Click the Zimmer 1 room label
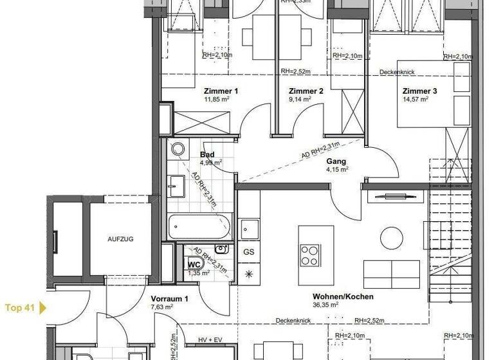[x=221, y=91]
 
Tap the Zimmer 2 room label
[x=306, y=91]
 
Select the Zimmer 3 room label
[x=420, y=91]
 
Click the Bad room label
[x=207, y=154]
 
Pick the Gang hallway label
[x=336, y=161]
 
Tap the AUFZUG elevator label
[x=120, y=239]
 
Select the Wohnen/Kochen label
[x=343, y=296]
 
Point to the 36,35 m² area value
[x=325, y=305]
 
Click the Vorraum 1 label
[x=169, y=299]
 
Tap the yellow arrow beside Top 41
[x=43, y=307]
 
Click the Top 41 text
[x=19, y=307]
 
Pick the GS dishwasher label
[x=249, y=252]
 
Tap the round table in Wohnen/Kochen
[x=391, y=239]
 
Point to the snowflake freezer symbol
[x=249, y=273]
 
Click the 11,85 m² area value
[x=217, y=100]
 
